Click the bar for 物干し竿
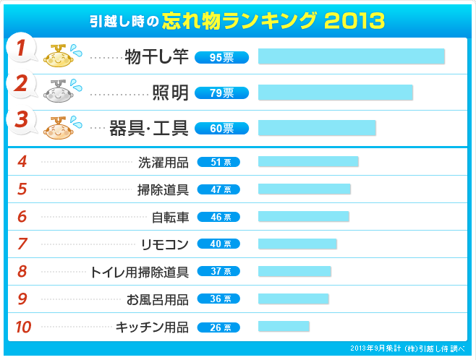click(x=351, y=57)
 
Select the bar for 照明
click(x=335, y=93)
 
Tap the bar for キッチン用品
click(x=284, y=327)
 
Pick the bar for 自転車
click(x=303, y=217)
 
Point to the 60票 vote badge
click(x=221, y=129)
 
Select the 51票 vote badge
click(x=218, y=162)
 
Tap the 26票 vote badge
click(x=218, y=327)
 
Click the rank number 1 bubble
click(x=22, y=49)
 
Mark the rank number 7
click(x=22, y=244)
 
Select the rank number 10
click(x=23, y=327)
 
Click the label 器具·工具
click(x=149, y=129)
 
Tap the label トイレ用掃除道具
click(x=139, y=272)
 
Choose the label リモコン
click(x=165, y=244)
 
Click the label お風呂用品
click(x=158, y=299)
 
